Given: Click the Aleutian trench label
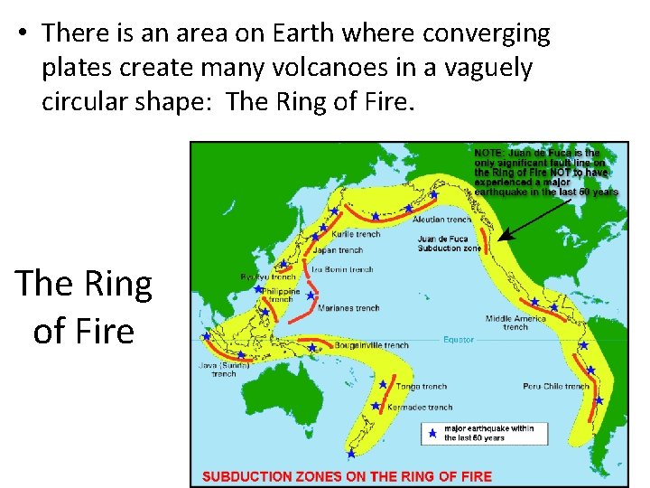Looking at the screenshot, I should (x=441, y=220).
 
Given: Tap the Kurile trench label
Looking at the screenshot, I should (x=357, y=234).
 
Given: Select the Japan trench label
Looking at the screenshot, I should (x=338, y=250).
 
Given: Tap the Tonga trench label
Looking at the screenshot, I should (x=422, y=387).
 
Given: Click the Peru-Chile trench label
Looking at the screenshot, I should (x=556, y=387).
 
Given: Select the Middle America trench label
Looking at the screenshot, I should (x=515, y=323).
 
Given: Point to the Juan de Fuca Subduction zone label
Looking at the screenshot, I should (x=449, y=244).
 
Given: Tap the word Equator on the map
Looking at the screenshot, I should (x=458, y=340).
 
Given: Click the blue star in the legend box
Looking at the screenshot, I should (x=432, y=434).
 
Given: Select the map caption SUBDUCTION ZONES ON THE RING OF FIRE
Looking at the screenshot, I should (x=347, y=476).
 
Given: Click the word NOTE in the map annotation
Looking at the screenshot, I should (x=490, y=154).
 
